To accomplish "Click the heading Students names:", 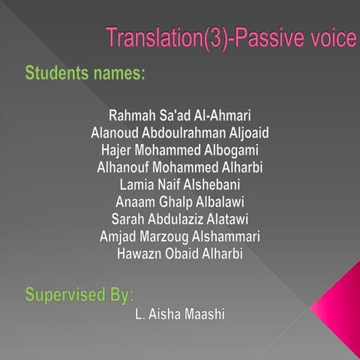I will click(85, 74).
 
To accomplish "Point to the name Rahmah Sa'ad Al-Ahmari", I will click(179, 116).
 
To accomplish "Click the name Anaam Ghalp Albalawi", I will click(179, 201).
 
